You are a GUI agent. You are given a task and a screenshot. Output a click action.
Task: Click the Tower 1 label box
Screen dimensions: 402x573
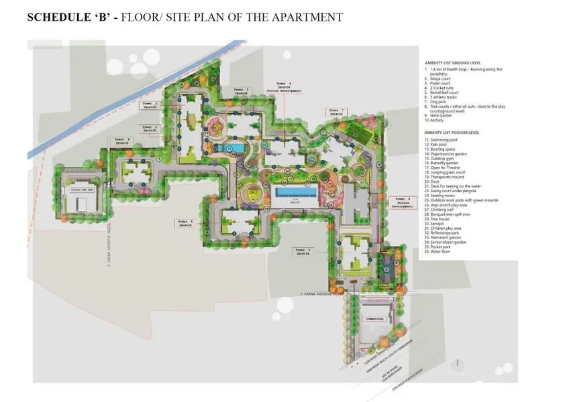pyautogui.click(x=150, y=129)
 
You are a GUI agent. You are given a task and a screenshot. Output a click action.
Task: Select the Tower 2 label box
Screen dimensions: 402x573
pyautogui.click(x=150, y=106)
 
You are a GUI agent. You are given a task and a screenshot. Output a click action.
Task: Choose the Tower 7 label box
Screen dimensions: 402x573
pyautogui.click(x=336, y=112)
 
